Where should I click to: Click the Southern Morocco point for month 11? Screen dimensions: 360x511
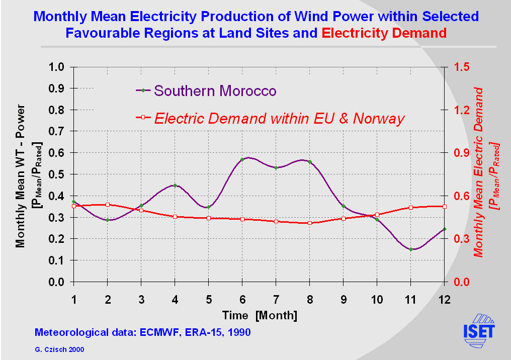coord(410,249)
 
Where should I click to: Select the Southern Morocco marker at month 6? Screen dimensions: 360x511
coord(242,159)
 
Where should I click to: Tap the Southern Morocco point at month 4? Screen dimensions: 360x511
coord(175,186)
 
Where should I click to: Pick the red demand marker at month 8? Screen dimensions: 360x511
coord(309,223)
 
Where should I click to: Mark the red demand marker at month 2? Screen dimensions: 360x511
coord(107,205)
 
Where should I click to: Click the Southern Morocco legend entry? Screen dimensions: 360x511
coord(215,91)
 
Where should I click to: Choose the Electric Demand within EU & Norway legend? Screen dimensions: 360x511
coord(279,118)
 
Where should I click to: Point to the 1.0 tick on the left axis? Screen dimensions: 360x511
coord(56,67)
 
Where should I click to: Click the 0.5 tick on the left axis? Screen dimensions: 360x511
coord(56,174)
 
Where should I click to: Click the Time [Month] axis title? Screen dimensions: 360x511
coord(260,315)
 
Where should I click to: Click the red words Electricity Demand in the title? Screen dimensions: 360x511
coord(384,33)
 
